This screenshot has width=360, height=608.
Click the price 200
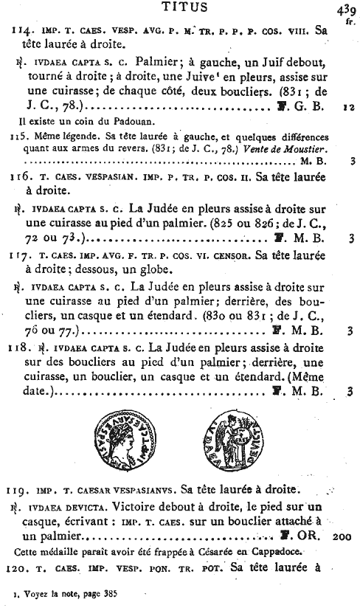coord(342,537)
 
